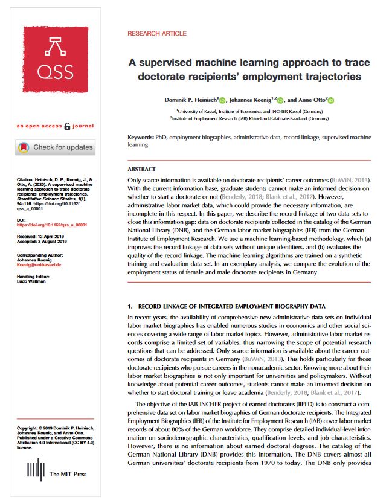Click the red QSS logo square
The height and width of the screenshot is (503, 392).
tap(54, 59)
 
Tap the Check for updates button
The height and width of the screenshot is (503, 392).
tap(54, 147)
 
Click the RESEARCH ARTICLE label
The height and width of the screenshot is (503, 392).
tap(156, 34)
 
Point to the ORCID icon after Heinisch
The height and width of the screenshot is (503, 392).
tap(222, 100)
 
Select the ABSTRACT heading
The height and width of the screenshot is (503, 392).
tap(141, 169)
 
